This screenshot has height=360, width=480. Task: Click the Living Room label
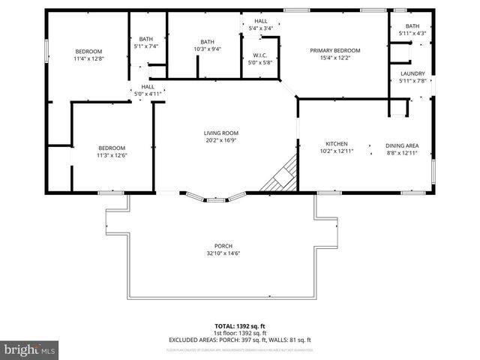pyautogui.click(x=221, y=133)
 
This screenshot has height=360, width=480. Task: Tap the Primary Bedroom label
pyautogui.click(x=335, y=50)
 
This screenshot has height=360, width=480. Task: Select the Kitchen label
pyautogui.click(x=335, y=144)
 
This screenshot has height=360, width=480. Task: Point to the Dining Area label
pyautogui.click(x=401, y=145)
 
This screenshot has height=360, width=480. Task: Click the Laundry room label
pyautogui.click(x=412, y=73)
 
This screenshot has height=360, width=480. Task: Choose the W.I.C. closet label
pyautogui.click(x=260, y=55)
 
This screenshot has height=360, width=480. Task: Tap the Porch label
pyautogui.click(x=223, y=246)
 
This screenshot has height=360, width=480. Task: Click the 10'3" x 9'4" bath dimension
pyautogui.click(x=208, y=49)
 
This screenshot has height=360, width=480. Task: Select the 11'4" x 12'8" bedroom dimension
pyautogui.click(x=88, y=58)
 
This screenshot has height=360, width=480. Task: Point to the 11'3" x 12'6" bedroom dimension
pyautogui.click(x=111, y=156)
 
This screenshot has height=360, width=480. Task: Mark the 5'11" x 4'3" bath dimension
pyautogui.click(x=412, y=33)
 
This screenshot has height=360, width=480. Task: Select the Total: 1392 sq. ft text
pyautogui.click(x=239, y=325)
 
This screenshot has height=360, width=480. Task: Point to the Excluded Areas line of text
pyautogui.click(x=239, y=340)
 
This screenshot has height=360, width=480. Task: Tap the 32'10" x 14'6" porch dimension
pyautogui.click(x=223, y=254)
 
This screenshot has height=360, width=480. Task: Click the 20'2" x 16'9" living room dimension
pyautogui.click(x=221, y=140)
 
